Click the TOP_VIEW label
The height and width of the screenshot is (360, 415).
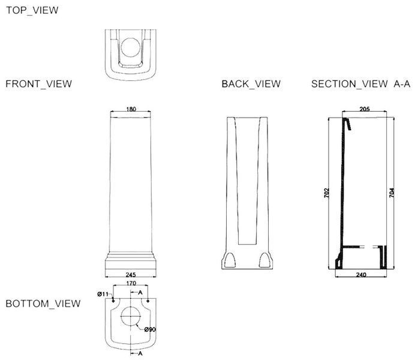[32, 11]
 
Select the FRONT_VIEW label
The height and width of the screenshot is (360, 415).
[38, 84]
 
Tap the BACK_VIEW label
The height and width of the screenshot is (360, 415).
[251, 84]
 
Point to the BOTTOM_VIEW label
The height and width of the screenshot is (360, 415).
[43, 304]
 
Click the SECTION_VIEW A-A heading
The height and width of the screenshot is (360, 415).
[360, 84]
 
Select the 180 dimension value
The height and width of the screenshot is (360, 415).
[131, 109]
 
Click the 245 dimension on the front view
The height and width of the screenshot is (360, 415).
[131, 275]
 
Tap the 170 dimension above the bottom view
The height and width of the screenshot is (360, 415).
[131, 283]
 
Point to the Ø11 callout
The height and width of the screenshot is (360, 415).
[103, 294]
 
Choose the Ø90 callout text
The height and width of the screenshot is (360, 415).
[150, 329]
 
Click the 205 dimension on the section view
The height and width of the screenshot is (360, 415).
[365, 109]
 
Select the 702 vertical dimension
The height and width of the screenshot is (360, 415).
[327, 193]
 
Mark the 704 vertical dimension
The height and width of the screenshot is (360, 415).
[392, 193]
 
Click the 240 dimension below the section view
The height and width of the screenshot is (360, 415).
[361, 275]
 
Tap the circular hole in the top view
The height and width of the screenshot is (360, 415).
[131, 47]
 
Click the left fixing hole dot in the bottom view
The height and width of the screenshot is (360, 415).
[113, 301]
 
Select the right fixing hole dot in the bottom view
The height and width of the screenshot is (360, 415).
[148, 301]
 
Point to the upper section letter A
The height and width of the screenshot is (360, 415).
[140, 293]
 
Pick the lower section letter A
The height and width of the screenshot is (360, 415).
[140, 353]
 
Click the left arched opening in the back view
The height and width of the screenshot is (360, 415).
[230, 260]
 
